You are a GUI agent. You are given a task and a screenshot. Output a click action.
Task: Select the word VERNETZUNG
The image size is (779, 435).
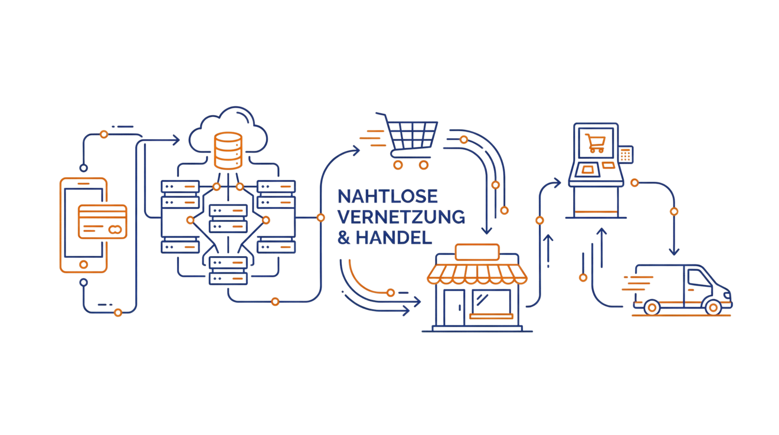point(400,217)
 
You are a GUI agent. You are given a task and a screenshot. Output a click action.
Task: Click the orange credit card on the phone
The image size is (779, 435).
point(102,220)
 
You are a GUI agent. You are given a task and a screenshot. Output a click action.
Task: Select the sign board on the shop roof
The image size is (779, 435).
point(478,253)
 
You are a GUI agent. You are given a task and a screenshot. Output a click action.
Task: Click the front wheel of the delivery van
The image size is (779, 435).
point(712,307)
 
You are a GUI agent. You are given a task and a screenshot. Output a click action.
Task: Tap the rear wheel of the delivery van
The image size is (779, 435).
point(652,307)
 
